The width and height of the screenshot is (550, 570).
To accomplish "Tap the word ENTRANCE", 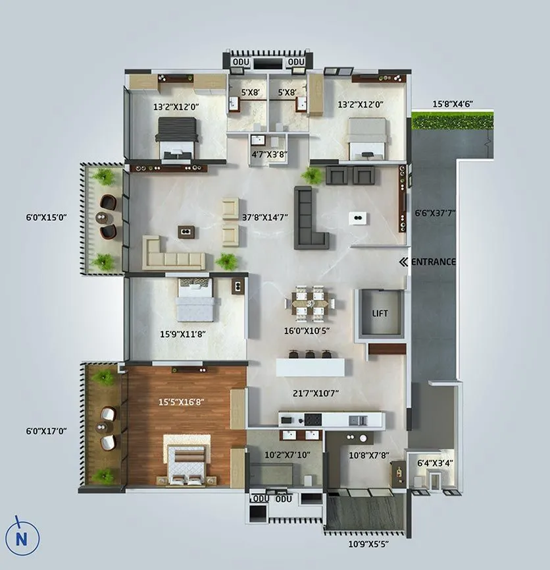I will (x=433, y=262).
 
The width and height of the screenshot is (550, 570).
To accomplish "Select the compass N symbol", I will (x=22, y=538).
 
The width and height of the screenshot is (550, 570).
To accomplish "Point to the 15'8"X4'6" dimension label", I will (x=453, y=104).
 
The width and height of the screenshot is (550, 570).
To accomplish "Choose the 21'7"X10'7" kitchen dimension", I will (x=316, y=394).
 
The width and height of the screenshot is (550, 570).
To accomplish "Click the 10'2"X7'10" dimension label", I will (x=287, y=455).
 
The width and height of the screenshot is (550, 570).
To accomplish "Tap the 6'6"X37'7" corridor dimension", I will (x=435, y=213).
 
